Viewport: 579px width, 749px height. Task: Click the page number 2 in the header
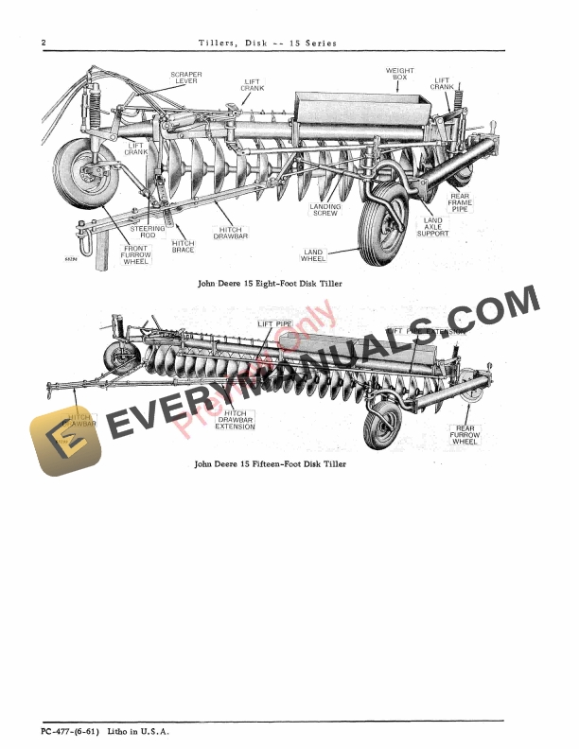[x=44, y=43]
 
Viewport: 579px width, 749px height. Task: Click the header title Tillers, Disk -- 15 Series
[x=268, y=43]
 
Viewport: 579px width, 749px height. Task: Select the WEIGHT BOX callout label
[x=400, y=75]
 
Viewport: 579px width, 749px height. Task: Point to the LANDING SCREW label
[x=325, y=210]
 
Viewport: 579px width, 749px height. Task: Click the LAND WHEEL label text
[x=313, y=255]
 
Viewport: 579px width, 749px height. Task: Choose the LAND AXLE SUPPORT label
[x=432, y=227]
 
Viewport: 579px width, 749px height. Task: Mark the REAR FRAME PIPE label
[x=460, y=202]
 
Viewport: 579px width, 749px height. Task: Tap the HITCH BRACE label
[x=184, y=246]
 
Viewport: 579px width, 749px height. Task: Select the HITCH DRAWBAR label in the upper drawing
[x=230, y=233]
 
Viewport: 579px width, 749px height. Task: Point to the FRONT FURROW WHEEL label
[x=135, y=254]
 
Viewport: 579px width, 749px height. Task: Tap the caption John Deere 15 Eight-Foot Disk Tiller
[x=270, y=284]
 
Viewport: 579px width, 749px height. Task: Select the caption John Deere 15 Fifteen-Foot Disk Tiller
[x=270, y=464]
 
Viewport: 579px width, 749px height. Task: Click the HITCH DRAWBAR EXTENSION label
[x=236, y=420]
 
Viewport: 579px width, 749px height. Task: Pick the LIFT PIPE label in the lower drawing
[x=275, y=324]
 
